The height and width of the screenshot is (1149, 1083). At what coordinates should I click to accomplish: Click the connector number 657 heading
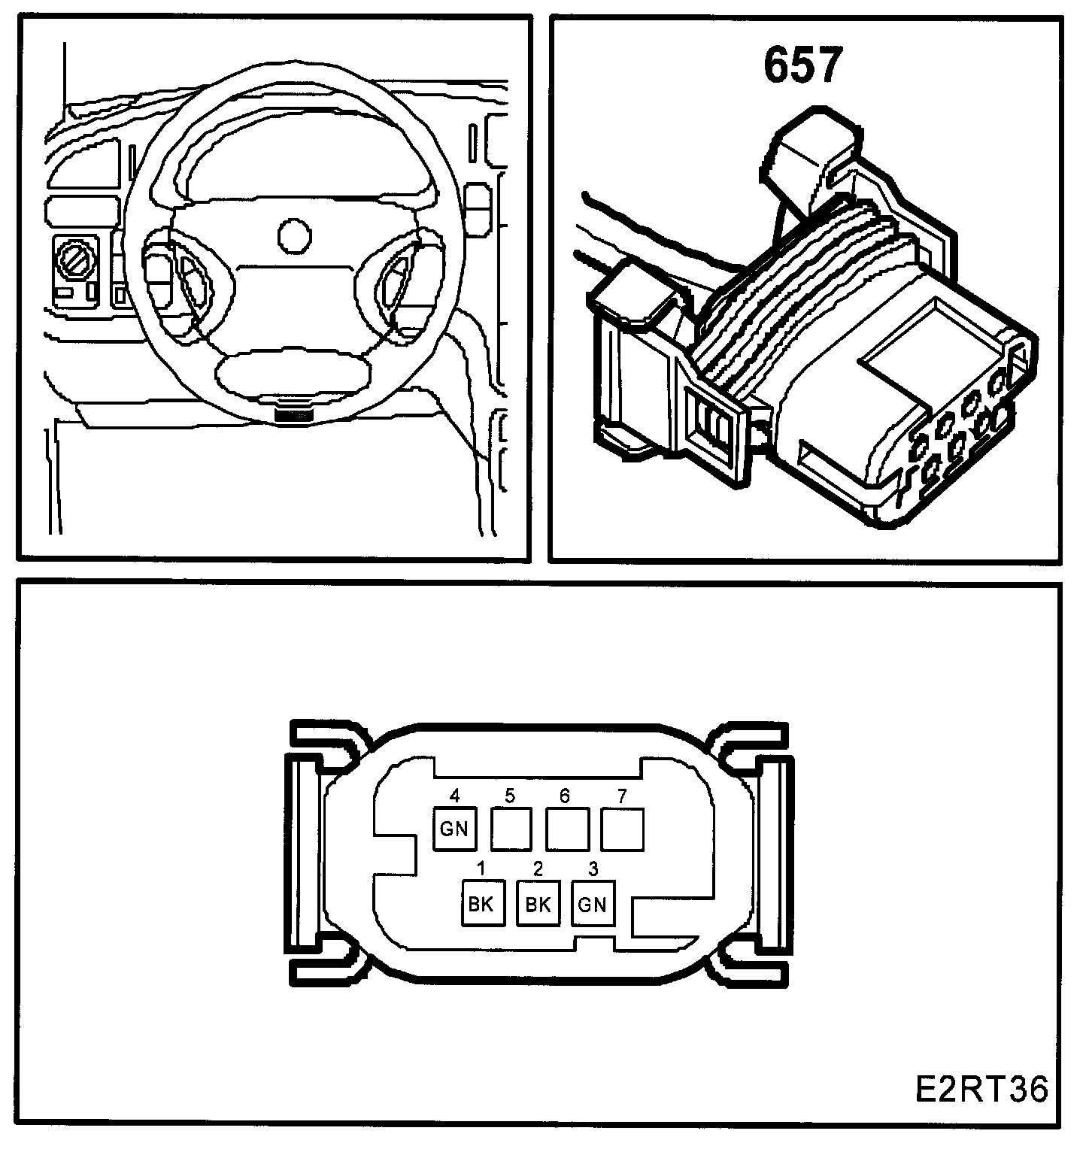pyautogui.click(x=801, y=66)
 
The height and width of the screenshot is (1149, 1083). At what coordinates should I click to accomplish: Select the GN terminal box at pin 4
pyautogui.click(x=454, y=829)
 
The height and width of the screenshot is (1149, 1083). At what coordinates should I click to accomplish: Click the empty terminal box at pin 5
pyautogui.click(x=511, y=829)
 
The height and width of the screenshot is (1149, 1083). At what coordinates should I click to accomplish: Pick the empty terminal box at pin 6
pyautogui.click(x=566, y=829)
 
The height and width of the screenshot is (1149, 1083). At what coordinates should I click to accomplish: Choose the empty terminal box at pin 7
pyautogui.click(x=623, y=829)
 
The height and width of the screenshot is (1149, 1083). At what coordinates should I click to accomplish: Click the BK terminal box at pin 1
pyautogui.click(x=481, y=903)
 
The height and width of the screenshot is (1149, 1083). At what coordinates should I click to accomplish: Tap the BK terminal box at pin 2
pyautogui.click(x=537, y=903)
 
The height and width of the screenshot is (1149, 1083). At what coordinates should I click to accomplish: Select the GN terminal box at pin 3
pyautogui.click(x=593, y=903)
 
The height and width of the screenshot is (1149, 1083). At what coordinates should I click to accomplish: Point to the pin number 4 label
pyautogui.click(x=454, y=796)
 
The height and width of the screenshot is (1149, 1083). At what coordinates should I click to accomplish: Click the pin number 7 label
pyautogui.click(x=622, y=796)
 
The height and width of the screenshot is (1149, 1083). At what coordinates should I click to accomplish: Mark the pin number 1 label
pyautogui.click(x=481, y=869)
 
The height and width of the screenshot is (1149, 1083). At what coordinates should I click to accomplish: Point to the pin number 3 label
pyautogui.click(x=593, y=869)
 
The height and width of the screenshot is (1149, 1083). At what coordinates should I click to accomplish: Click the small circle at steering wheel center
pyautogui.click(x=294, y=235)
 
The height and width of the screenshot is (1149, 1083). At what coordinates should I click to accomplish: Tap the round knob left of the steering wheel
pyautogui.click(x=75, y=263)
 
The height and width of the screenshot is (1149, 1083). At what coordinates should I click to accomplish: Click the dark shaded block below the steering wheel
pyautogui.click(x=294, y=414)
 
